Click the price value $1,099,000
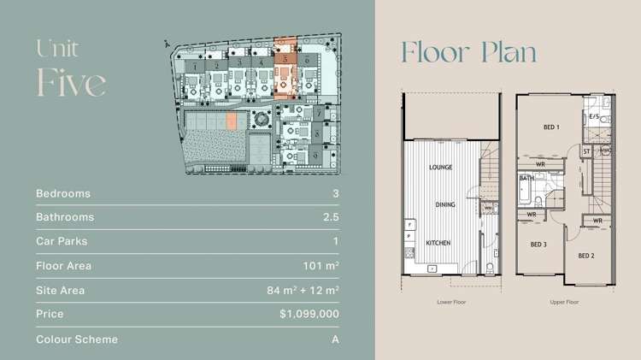coord(309,315)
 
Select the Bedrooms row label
coord(63,194)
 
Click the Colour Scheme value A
coord(335,339)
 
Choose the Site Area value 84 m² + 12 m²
coord(303,291)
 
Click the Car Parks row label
coord(62,242)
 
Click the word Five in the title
coord(71,82)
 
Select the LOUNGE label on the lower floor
coord(441,168)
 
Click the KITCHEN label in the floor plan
coord(439,244)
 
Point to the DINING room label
coord(444,205)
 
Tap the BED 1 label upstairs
coord(551,127)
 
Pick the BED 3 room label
coord(538,245)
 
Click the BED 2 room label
coord(585,256)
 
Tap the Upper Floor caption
coord(564,301)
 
